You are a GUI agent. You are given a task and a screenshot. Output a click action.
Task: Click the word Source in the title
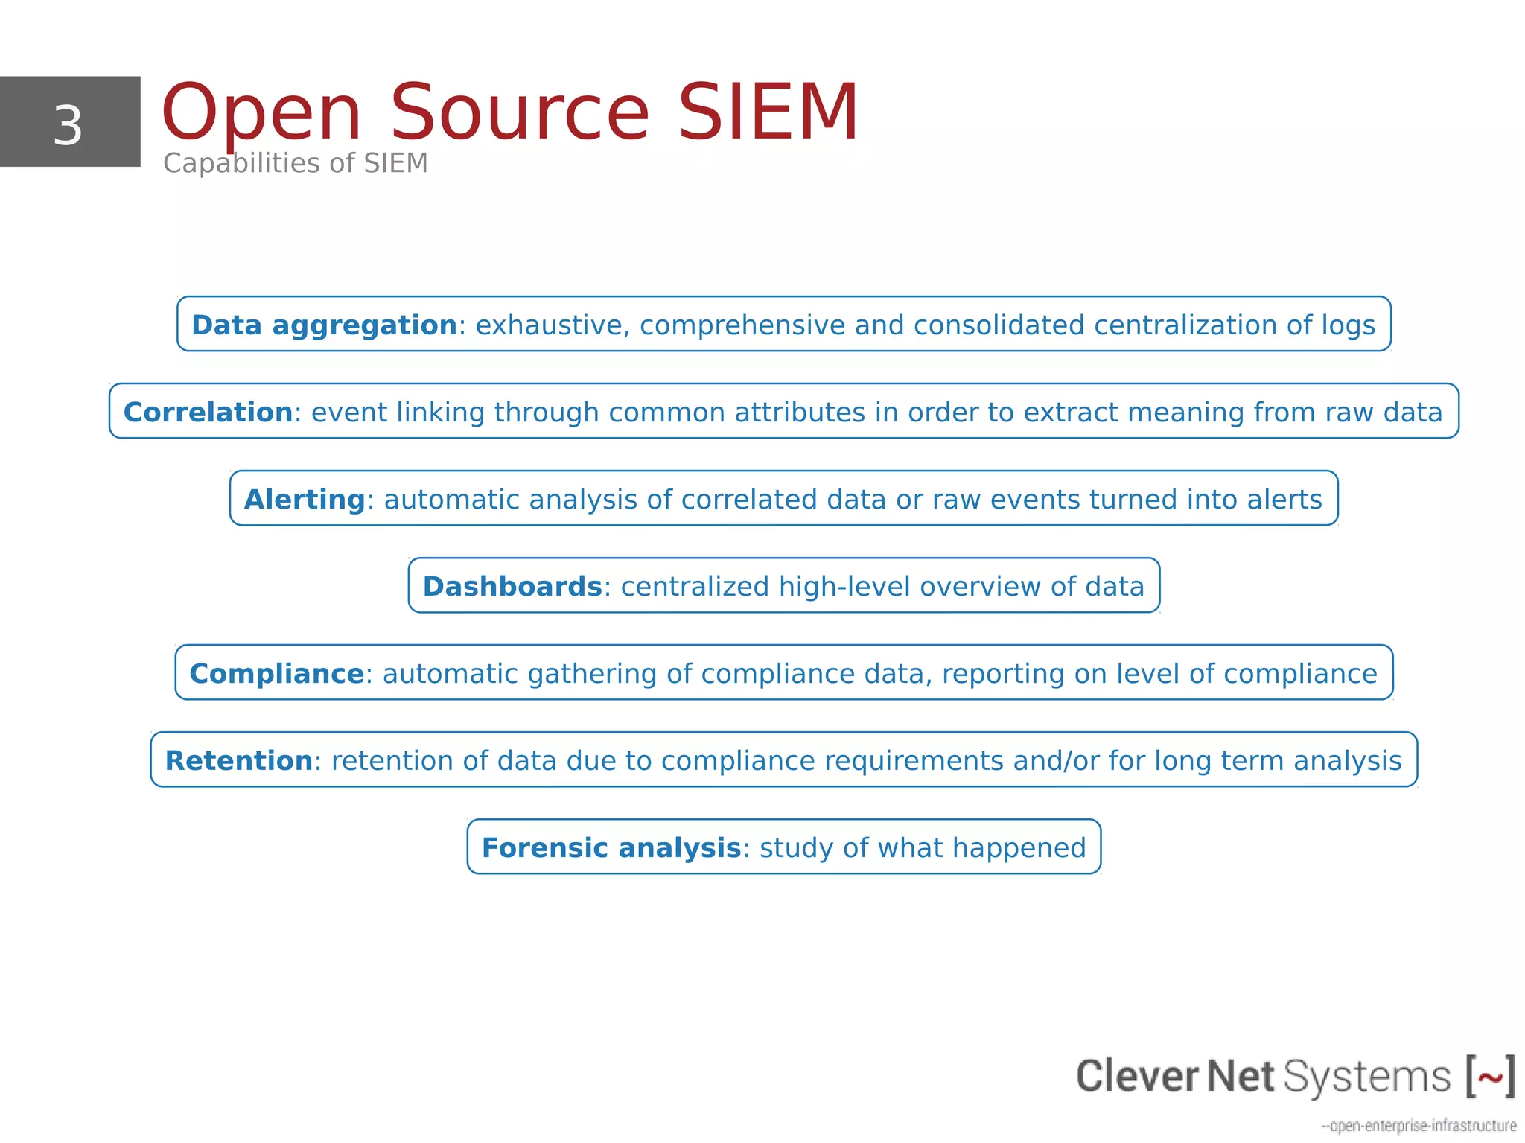click(x=520, y=113)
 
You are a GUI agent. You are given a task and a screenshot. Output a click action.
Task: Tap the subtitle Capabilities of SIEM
click(x=295, y=163)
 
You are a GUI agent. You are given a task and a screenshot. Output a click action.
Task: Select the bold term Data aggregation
click(x=324, y=325)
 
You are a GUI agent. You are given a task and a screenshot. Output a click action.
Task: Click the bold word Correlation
click(x=208, y=413)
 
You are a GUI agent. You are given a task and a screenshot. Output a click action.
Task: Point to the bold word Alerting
click(x=305, y=500)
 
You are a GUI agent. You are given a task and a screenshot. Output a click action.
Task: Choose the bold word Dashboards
click(x=512, y=587)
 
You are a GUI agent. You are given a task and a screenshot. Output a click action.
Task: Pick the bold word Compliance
click(x=276, y=674)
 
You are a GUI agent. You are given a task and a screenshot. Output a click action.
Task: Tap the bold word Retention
click(x=238, y=761)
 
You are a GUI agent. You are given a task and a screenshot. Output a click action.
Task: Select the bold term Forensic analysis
click(x=611, y=848)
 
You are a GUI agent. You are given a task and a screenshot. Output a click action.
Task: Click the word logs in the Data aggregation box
click(x=1349, y=326)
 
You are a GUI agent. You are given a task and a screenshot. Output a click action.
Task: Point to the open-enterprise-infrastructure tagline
click(x=1419, y=1125)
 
